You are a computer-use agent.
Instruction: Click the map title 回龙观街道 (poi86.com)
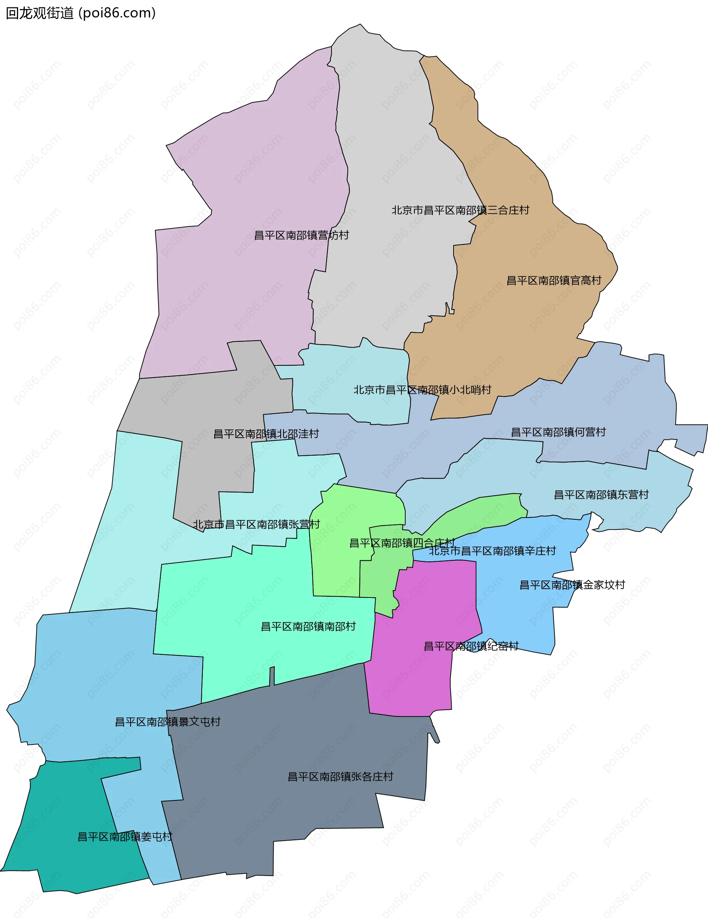[81, 13]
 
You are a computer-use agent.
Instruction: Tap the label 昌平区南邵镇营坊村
[301, 235]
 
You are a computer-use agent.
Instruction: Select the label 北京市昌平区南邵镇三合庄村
[460, 210]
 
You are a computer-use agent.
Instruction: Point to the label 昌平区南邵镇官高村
[553, 280]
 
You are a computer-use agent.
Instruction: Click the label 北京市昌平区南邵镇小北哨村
[422, 390]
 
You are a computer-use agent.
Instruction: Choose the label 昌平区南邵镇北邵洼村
[266, 434]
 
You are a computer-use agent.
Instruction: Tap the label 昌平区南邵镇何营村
[558, 432]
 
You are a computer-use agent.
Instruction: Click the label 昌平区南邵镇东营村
[601, 495]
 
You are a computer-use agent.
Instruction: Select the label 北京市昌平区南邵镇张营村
[256, 525]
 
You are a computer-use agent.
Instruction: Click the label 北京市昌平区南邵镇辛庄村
[492, 551]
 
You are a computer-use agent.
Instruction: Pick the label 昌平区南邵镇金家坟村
[572, 585]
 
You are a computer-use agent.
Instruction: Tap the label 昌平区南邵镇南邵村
[308, 627]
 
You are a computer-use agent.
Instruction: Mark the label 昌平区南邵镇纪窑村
[471, 646]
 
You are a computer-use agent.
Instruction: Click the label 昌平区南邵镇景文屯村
[167, 722]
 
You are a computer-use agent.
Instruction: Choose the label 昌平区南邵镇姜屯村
[125, 837]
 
